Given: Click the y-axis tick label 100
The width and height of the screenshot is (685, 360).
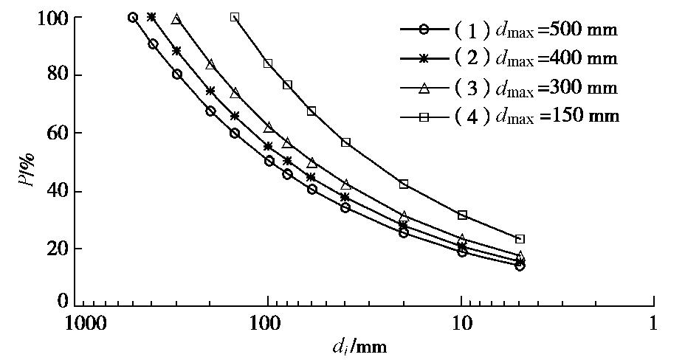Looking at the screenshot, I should tap(53, 17).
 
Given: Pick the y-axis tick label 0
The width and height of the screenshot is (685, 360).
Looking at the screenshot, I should tap(63, 302).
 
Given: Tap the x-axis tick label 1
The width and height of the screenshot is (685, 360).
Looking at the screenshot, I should tap(653, 323).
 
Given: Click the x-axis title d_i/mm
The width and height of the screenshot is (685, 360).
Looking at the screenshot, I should tap(359, 345).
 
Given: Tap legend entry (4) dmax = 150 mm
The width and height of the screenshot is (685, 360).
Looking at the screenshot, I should tap(509, 116).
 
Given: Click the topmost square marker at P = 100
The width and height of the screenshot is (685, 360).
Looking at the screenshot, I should tap(235, 17).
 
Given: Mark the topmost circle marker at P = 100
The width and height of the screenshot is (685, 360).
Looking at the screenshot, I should tap(133, 17).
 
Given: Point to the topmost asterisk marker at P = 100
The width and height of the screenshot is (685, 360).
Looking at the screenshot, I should tap(151, 17).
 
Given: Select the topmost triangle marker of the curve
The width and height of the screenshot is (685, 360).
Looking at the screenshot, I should tap(176, 19).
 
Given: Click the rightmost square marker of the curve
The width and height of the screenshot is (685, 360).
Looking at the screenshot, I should tap(520, 239).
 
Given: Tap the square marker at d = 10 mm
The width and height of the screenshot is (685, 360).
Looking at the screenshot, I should tap(462, 215).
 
